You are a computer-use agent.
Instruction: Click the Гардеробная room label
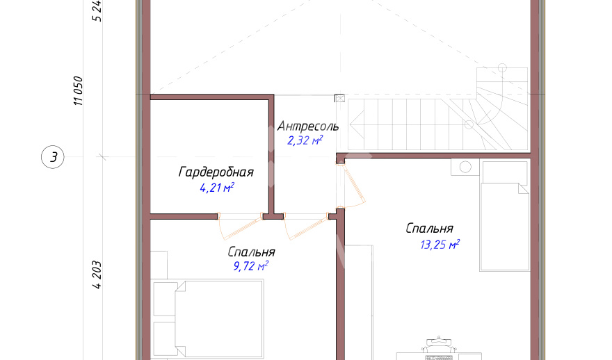click(216, 172)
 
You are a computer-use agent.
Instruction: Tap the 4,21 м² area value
click(217, 188)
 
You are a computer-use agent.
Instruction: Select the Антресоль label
click(308, 126)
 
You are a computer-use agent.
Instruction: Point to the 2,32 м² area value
click(305, 140)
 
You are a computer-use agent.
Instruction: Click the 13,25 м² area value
click(440, 245)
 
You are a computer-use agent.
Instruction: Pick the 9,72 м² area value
click(250, 266)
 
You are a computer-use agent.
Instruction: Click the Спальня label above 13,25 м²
click(429, 228)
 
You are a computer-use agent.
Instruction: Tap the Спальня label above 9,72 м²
click(251, 252)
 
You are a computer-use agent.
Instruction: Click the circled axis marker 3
click(53, 157)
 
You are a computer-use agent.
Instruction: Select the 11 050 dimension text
click(78, 91)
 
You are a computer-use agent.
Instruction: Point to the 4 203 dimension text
click(97, 275)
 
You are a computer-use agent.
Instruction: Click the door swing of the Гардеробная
click(239, 227)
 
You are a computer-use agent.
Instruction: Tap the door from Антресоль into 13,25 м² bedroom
click(351, 186)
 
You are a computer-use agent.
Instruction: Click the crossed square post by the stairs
click(340, 98)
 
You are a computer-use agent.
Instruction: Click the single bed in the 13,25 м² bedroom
click(505, 215)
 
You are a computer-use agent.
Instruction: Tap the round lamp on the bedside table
click(465, 167)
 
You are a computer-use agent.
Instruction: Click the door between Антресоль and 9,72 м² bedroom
click(305, 227)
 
